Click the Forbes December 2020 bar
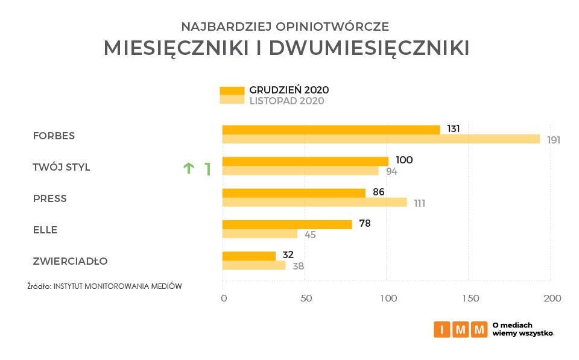tap(331, 130)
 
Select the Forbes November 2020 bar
tap(381, 139)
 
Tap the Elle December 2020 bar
tap(287, 224)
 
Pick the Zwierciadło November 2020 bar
tap(254, 265)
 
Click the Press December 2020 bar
tap(294, 193)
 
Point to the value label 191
tap(554, 141)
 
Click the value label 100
tap(404, 160)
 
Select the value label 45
tap(310, 235)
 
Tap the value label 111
tap(419, 203)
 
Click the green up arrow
tap(188, 168)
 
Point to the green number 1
tap(207, 169)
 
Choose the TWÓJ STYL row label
tap(62, 168)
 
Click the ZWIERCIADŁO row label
tap(71, 262)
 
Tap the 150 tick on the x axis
tap(470, 298)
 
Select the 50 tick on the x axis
tap(306, 298)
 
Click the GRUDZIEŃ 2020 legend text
tap(289, 90)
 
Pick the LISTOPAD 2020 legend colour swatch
tap(232, 100)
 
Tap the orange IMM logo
tap(460, 329)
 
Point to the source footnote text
tap(104, 286)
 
